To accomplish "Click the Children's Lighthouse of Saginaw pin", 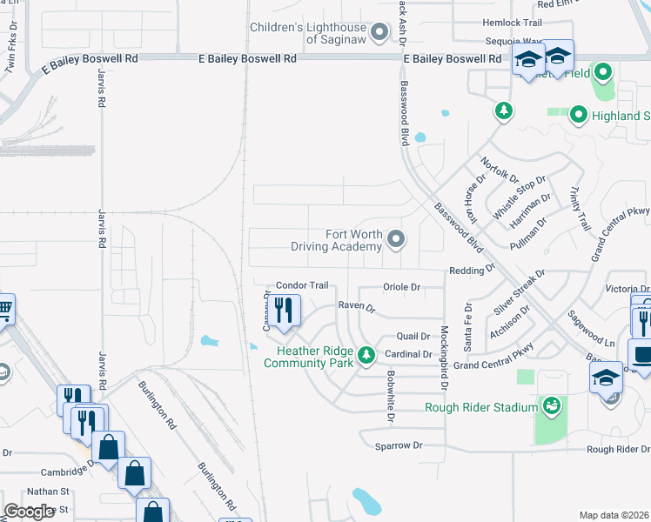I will [x=379, y=33].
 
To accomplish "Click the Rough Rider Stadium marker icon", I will [x=551, y=405].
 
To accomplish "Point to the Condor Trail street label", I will [x=301, y=285].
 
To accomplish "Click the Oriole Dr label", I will [x=401, y=287].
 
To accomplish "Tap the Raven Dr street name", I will [x=356, y=308].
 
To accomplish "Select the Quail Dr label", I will [x=413, y=336].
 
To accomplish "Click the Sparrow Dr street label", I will [x=398, y=445].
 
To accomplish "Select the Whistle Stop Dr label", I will [x=519, y=197].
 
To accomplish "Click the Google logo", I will [x=29, y=512].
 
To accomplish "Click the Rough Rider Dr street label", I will [x=618, y=450].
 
